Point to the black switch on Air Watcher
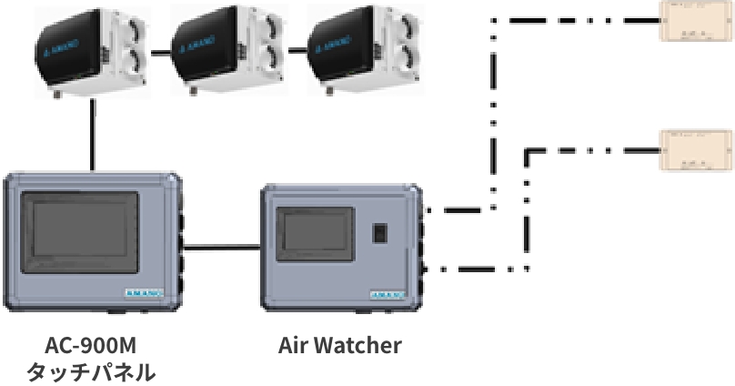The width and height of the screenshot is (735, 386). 379,233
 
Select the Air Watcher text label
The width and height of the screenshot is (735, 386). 338,347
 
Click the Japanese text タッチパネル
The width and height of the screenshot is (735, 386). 89,372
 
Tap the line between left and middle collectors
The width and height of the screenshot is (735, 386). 160,51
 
